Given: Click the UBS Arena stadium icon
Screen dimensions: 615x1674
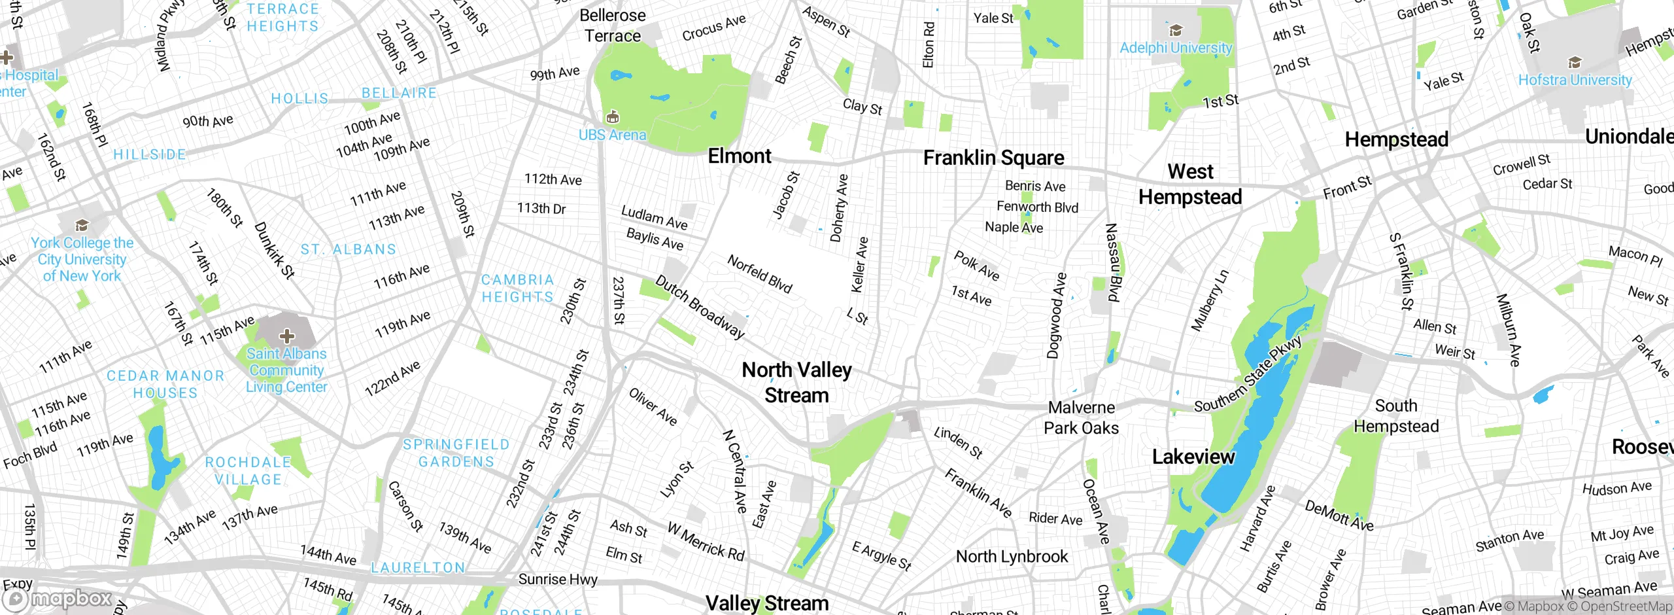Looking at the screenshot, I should pos(612,118).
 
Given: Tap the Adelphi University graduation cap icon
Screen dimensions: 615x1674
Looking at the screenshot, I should pos(1176,30).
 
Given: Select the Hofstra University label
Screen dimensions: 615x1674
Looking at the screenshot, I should pos(1575,80).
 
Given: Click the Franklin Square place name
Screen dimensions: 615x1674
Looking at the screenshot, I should pos(993,158).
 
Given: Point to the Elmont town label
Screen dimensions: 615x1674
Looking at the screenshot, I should pos(740,156).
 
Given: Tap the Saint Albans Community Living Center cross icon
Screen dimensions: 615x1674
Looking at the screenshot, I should pos(286,336).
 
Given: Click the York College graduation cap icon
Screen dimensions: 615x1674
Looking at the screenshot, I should pos(82,225).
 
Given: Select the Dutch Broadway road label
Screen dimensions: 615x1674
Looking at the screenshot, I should pos(700,307).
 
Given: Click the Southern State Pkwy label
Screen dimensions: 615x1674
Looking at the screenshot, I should pos(1248,374).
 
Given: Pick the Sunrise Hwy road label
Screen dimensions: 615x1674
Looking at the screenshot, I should pos(558,579).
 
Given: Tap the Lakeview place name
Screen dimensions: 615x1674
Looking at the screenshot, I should pos(1193,457).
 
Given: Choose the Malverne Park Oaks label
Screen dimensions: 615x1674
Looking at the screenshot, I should pos(1081,417).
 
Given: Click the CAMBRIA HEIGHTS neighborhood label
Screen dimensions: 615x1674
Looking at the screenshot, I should pos(517,288).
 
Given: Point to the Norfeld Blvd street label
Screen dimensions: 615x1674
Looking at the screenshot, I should pos(760,274).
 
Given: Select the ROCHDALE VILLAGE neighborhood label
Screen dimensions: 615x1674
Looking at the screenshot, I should pos(248,470).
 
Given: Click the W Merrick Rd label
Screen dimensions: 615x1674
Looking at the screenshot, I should pos(706,541).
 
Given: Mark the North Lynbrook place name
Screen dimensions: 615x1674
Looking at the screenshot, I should pos(1012,557).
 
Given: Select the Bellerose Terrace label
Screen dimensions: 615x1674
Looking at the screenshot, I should pos(613,26).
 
